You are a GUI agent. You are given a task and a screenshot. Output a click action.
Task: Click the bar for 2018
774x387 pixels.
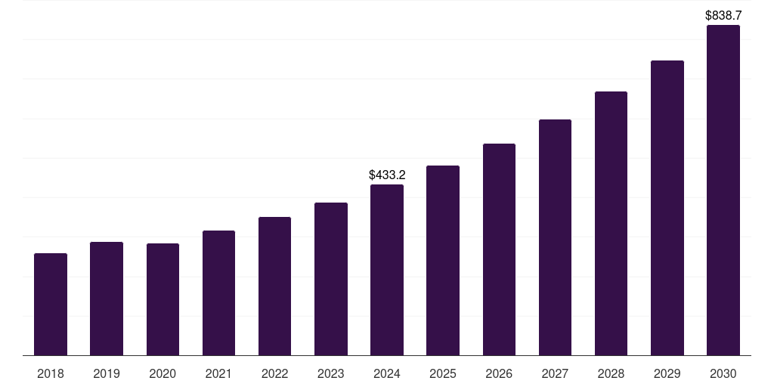coord(51,304)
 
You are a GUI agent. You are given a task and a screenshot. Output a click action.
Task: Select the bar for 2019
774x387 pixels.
coord(107,299)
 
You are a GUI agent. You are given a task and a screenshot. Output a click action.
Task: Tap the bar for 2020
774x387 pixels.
coord(163,299)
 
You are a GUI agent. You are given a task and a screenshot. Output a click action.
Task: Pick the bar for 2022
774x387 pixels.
coord(274,286)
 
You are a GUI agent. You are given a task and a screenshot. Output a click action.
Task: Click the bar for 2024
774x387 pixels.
coord(387,270)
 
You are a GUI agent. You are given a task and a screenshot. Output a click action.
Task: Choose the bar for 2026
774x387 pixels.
coord(499,249)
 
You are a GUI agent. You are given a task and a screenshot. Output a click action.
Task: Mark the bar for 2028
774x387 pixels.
coord(611,223)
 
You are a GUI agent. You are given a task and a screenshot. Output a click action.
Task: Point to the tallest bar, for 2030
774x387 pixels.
coord(723,190)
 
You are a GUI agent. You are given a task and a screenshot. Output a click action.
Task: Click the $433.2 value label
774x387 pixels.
coord(387,175)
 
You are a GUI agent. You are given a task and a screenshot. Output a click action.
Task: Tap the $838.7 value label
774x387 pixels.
coord(723,15)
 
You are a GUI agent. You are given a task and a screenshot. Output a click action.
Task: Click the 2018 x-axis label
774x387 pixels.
coord(51,373)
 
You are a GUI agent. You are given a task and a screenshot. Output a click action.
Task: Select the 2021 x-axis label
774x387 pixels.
coord(218,373)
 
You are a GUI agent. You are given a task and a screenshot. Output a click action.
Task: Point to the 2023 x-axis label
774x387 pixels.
coord(331,373)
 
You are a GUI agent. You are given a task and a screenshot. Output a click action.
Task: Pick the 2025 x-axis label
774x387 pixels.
coord(443,373)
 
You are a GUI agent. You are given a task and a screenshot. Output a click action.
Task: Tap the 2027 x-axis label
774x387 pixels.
coord(555,373)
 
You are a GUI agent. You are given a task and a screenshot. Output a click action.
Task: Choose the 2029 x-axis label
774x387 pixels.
coord(667,373)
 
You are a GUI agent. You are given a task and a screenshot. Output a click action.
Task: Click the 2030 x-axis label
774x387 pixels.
coord(723,373)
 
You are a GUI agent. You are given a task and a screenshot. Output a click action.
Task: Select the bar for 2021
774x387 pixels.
coord(218,293)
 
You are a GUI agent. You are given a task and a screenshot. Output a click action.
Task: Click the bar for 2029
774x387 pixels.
coord(667,208)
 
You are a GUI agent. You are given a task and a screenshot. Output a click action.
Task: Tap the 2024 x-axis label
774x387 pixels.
coord(387,373)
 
